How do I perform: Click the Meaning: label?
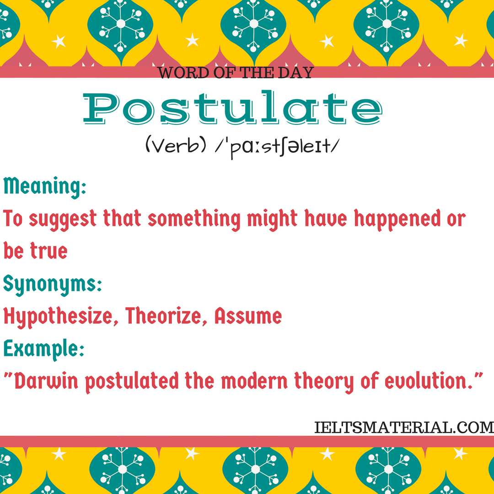[45, 187]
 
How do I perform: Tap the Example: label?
[44, 350]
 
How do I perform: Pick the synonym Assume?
[248, 316]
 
